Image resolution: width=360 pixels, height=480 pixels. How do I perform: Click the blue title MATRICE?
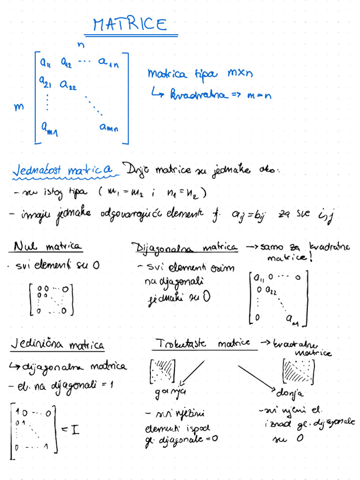tap(130, 24)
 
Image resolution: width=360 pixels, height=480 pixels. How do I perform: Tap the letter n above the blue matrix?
tap(81, 45)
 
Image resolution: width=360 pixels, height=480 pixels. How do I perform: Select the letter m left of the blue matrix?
tap(19, 107)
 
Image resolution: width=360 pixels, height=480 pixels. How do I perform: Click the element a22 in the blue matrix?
tap(68, 85)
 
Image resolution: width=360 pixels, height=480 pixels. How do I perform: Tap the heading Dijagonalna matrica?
tap(185, 247)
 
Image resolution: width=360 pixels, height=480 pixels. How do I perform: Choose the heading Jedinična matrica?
tap(57, 345)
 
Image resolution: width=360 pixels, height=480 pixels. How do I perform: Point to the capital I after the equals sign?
tap(74, 428)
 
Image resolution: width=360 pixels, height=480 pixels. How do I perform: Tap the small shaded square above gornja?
tap(162, 371)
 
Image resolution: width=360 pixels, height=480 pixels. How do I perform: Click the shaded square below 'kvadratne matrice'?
tap(299, 371)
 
